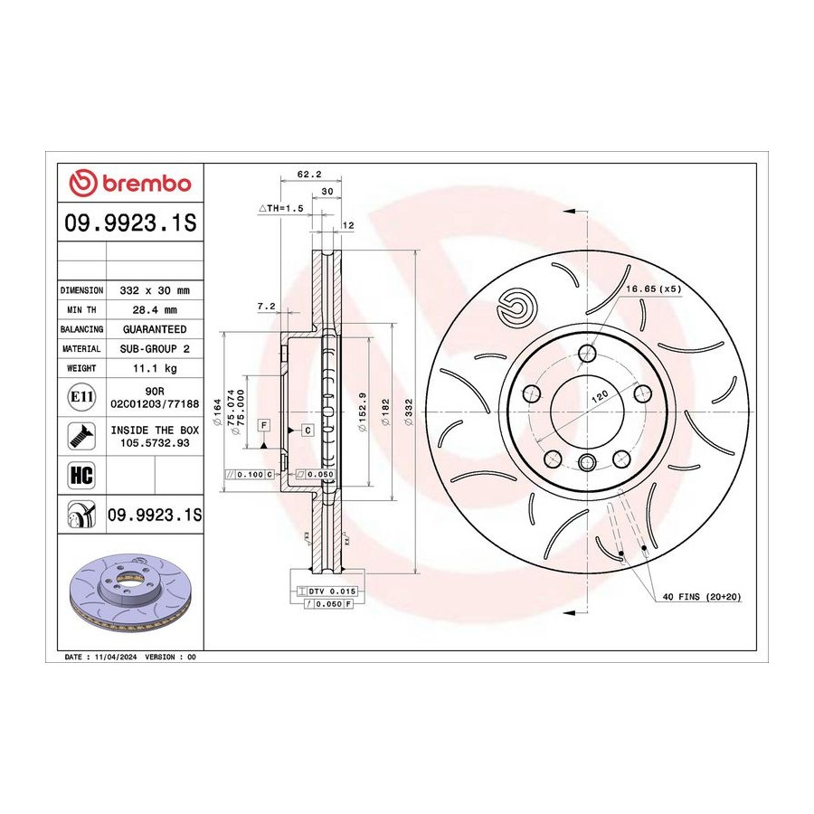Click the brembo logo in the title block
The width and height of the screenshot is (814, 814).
point(129,183)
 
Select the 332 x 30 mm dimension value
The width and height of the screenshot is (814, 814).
point(155,290)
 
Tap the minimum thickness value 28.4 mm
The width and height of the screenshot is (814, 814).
point(155,310)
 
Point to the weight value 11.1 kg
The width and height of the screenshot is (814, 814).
point(155,368)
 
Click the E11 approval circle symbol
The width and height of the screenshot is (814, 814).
point(81,397)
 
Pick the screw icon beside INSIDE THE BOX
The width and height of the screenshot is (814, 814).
point(81,436)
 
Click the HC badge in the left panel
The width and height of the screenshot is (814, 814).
point(81,475)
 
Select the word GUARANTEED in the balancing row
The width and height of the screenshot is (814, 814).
point(155,329)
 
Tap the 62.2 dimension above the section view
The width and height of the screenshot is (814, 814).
point(309,175)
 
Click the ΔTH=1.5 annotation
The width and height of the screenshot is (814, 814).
point(281,208)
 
